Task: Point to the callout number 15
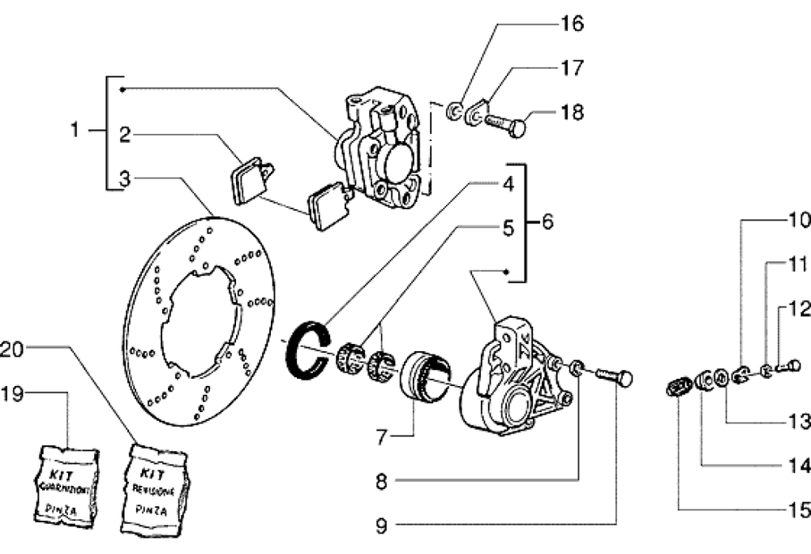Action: pyautogui.click(x=799, y=510)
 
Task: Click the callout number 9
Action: pyautogui.click(x=381, y=526)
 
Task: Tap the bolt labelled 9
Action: pyautogui.click(x=613, y=377)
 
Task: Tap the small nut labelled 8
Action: pyautogui.click(x=577, y=367)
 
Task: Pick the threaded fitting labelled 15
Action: pyautogui.click(x=676, y=387)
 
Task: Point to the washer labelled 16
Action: pyautogui.click(x=457, y=110)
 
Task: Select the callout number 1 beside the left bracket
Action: pyautogui.click(x=75, y=131)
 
